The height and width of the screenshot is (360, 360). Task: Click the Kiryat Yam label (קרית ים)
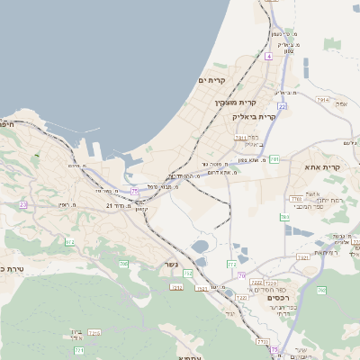(x=211, y=80)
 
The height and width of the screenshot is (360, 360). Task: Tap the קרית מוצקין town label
(x=231, y=103)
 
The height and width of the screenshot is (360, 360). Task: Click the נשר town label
(x=170, y=265)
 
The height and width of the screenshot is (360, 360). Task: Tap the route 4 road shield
(x=268, y=56)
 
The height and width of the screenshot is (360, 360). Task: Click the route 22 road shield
(x=282, y=106)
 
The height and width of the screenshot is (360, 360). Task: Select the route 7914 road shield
(x=322, y=101)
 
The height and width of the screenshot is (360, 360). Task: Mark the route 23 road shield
(x=22, y=204)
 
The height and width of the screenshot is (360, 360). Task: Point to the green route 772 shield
(x=232, y=264)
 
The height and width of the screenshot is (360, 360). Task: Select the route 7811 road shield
(x=241, y=138)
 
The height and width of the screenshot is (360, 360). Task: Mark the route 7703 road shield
(x=295, y=199)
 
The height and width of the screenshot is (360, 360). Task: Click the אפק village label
(x=341, y=104)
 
